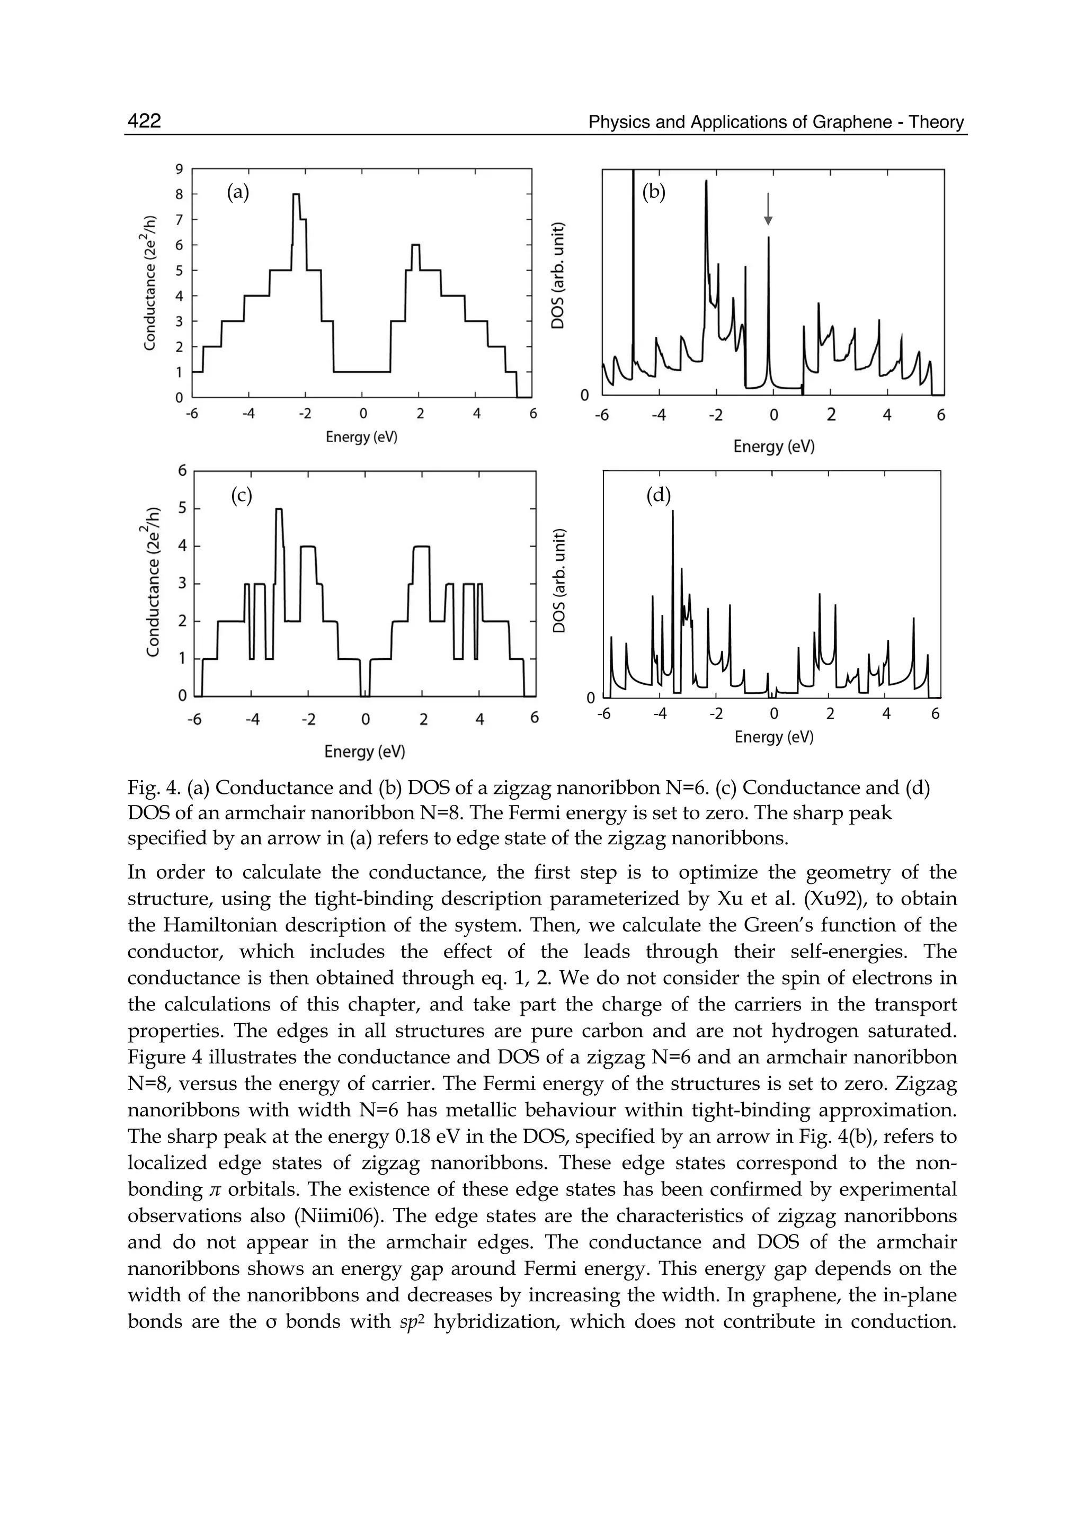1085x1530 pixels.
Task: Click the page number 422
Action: click(x=144, y=121)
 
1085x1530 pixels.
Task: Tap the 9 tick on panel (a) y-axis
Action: click(x=179, y=169)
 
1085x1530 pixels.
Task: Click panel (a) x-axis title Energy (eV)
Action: click(x=361, y=437)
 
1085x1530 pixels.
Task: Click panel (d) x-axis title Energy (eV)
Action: click(x=773, y=737)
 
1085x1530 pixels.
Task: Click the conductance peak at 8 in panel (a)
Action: click(x=296, y=195)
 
